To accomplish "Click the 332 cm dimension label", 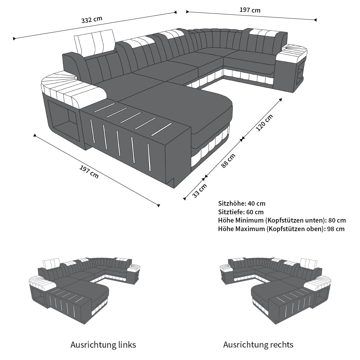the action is click(x=92, y=20).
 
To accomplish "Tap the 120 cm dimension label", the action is click(x=264, y=123).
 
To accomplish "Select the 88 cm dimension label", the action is click(x=228, y=161).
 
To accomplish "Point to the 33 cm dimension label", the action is click(x=199, y=190).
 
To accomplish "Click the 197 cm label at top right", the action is click(x=250, y=10).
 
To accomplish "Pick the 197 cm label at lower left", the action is click(x=89, y=172).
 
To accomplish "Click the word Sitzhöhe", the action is click(x=231, y=203).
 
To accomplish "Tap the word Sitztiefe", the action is click(x=230, y=212).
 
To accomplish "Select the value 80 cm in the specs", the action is click(x=337, y=220).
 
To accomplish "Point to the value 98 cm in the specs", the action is click(x=336, y=229).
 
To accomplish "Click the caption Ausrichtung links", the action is click(x=103, y=345).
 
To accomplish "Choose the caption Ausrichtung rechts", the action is click(x=258, y=345).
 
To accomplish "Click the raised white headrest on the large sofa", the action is click(x=95, y=42).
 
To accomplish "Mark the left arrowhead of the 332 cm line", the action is click(x=14, y=39).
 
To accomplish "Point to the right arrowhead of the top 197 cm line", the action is click(x=316, y=20).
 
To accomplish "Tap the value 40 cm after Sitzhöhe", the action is click(x=257, y=203).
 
